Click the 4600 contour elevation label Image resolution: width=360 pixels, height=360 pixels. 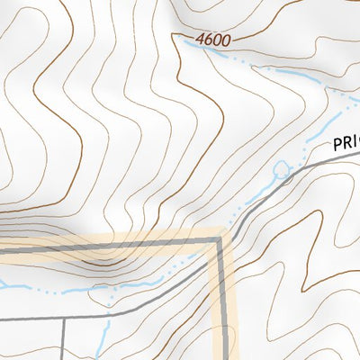(x=212, y=40)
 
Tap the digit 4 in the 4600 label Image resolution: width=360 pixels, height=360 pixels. (x=198, y=40)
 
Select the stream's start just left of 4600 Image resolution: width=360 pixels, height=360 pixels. (x=183, y=40)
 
